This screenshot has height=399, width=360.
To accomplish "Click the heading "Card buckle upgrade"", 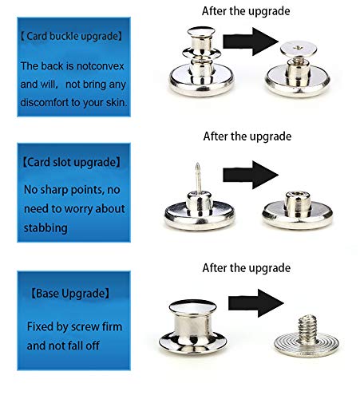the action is (72, 36).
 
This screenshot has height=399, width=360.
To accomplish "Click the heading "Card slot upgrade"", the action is (72, 162).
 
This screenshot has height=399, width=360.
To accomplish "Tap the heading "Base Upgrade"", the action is (70, 294).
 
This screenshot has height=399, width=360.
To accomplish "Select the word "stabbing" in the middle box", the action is (45, 228).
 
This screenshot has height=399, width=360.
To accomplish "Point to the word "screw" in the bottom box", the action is (87, 327).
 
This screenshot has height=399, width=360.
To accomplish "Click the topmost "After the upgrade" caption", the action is (246, 11).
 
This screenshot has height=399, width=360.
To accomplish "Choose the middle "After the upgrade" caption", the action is (247, 136).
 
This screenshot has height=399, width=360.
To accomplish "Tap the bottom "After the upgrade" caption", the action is (247, 268).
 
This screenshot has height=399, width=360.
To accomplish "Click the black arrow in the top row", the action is (251, 41).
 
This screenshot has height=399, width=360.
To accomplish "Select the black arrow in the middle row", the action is (251, 175).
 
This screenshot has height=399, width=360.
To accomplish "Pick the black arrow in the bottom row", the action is (256, 303).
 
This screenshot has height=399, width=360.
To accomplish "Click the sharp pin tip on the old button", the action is (197, 164).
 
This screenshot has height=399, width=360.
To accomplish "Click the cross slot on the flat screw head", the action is (298, 48).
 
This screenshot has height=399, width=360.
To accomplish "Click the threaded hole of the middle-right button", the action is (297, 194).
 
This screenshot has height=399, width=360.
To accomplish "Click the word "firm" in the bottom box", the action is (113, 326).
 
